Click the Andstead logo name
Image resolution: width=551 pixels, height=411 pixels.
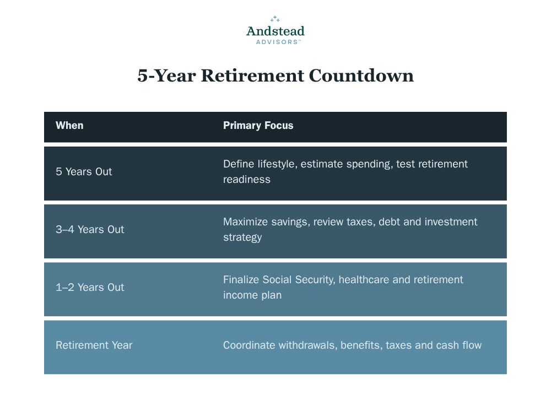[x=275, y=31]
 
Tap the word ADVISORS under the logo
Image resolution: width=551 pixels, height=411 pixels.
[x=277, y=42]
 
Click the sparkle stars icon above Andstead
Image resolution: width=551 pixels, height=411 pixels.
[x=275, y=19]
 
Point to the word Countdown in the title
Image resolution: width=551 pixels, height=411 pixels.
[x=361, y=75]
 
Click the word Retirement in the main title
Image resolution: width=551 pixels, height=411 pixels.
[x=253, y=75]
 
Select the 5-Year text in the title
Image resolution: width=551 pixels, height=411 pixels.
[x=166, y=76]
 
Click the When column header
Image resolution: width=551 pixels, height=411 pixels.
[x=69, y=126]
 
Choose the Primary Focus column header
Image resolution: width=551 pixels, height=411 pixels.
[x=258, y=126]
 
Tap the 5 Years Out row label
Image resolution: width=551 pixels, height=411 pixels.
[x=84, y=171]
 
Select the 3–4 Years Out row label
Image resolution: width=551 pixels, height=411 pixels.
[x=90, y=229]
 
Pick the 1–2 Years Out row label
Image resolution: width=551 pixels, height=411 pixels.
[x=90, y=288]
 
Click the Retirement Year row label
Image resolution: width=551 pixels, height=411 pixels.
[x=94, y=345]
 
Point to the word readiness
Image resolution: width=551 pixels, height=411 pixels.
[x=247, y=180]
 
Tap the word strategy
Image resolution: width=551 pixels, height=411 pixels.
[x=242, y=237]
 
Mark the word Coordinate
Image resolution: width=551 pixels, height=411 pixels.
[x=249, y=345]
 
